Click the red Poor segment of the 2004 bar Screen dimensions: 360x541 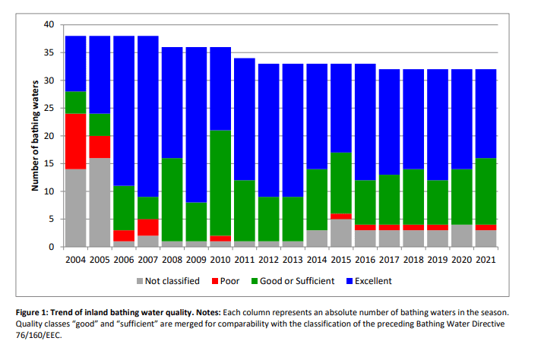pyautogui.click(x=75, y=141)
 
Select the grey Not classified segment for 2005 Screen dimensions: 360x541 pyautogui.click(x=100, y=202)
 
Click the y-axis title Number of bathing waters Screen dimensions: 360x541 pyautogui.click(x=35, y=136)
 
